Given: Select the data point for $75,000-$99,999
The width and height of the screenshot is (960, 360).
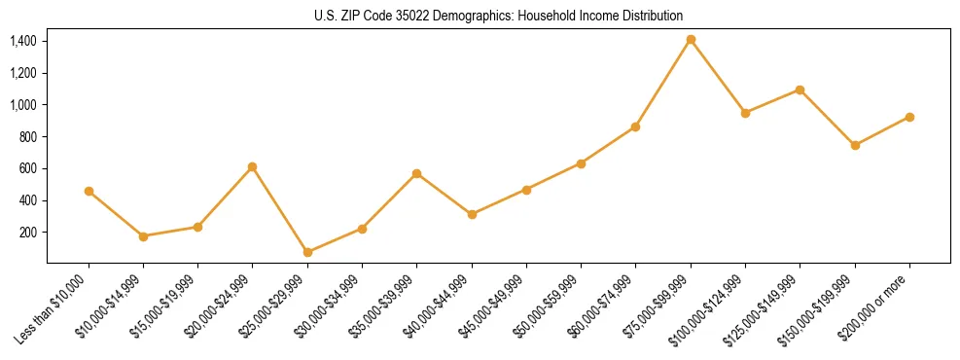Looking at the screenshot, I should point(691,39).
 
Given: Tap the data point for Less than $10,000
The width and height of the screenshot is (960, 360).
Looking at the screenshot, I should point(89,191).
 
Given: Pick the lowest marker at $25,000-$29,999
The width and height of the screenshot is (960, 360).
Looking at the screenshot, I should point(307,252).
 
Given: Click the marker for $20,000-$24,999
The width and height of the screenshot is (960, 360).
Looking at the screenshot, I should point(253,166).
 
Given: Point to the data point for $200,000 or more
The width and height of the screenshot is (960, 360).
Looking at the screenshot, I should point(909,117).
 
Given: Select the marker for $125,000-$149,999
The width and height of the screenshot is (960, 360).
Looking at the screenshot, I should point(800,90).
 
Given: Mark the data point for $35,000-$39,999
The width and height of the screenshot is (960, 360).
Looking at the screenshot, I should point(416,173).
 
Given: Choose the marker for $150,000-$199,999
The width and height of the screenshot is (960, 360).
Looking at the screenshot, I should point(855,145).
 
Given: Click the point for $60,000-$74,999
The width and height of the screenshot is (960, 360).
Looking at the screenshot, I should point(635,126).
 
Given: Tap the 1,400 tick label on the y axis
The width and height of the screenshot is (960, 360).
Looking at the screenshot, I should point(23,41).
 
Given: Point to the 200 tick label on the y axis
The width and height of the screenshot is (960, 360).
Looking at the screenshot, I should point(28,233).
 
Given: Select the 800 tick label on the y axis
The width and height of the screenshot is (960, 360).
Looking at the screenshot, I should point(28,137).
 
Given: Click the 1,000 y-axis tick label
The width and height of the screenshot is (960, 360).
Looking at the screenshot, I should point(23,105).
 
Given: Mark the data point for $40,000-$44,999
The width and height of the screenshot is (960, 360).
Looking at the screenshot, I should point(472,214).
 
